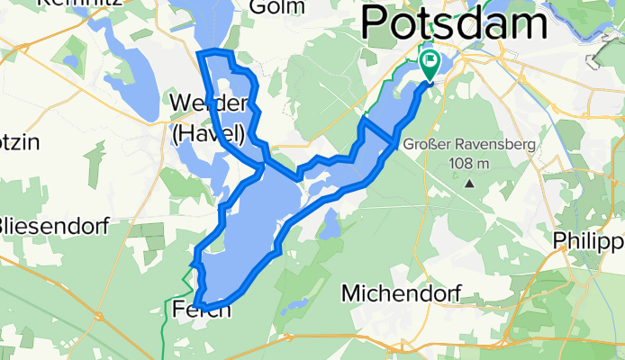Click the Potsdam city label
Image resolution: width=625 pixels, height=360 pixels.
(454, 22)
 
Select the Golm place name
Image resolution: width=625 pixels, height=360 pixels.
(272, 7)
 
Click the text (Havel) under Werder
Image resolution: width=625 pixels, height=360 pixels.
(208, 133)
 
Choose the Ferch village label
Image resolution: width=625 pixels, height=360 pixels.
(200, 310)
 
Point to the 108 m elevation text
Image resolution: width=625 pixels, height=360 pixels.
(471, 163)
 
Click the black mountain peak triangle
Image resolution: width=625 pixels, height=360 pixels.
(470, 184)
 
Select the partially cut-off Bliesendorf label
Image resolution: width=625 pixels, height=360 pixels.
(53, 225)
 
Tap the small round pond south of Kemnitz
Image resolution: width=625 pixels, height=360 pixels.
(69, 62)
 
